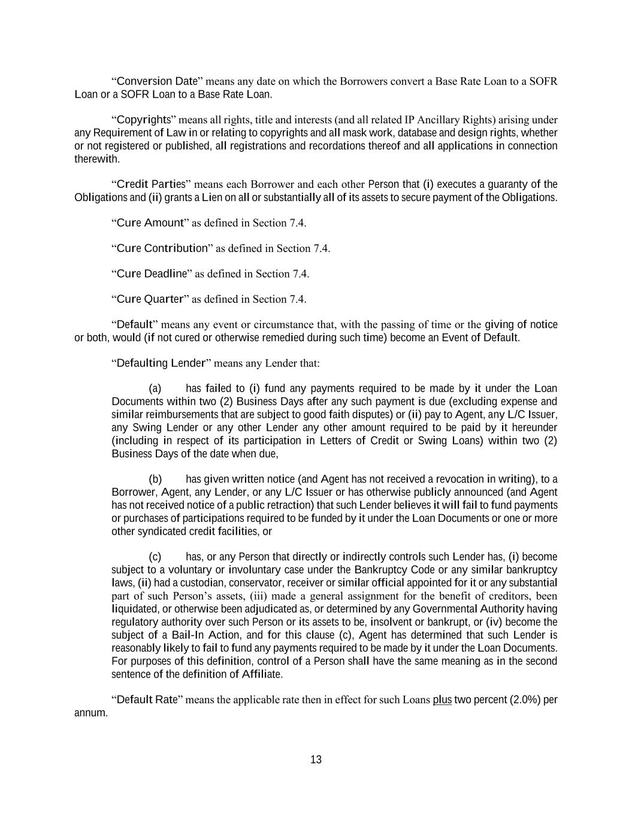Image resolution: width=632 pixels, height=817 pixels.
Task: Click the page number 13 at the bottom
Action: (x=316, y=760)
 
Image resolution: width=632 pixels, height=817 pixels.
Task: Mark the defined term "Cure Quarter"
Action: (x=150, y=299)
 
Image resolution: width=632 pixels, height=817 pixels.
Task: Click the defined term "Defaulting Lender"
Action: (x=161, y=363)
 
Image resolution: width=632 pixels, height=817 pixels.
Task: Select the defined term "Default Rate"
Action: (x=147, y=700)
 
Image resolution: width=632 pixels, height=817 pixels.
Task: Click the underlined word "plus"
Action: (x=442, y=700)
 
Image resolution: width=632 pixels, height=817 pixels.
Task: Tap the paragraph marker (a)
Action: (x=155, y=388)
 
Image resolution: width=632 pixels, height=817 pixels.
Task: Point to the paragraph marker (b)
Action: (x=155, y=479)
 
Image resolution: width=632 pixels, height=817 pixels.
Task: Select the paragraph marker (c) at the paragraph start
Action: (x=155, y=557)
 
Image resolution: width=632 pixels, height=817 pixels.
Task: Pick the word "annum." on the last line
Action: (x=91, y=713)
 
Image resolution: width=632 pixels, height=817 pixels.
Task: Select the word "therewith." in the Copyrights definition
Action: (x=97, y=159)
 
